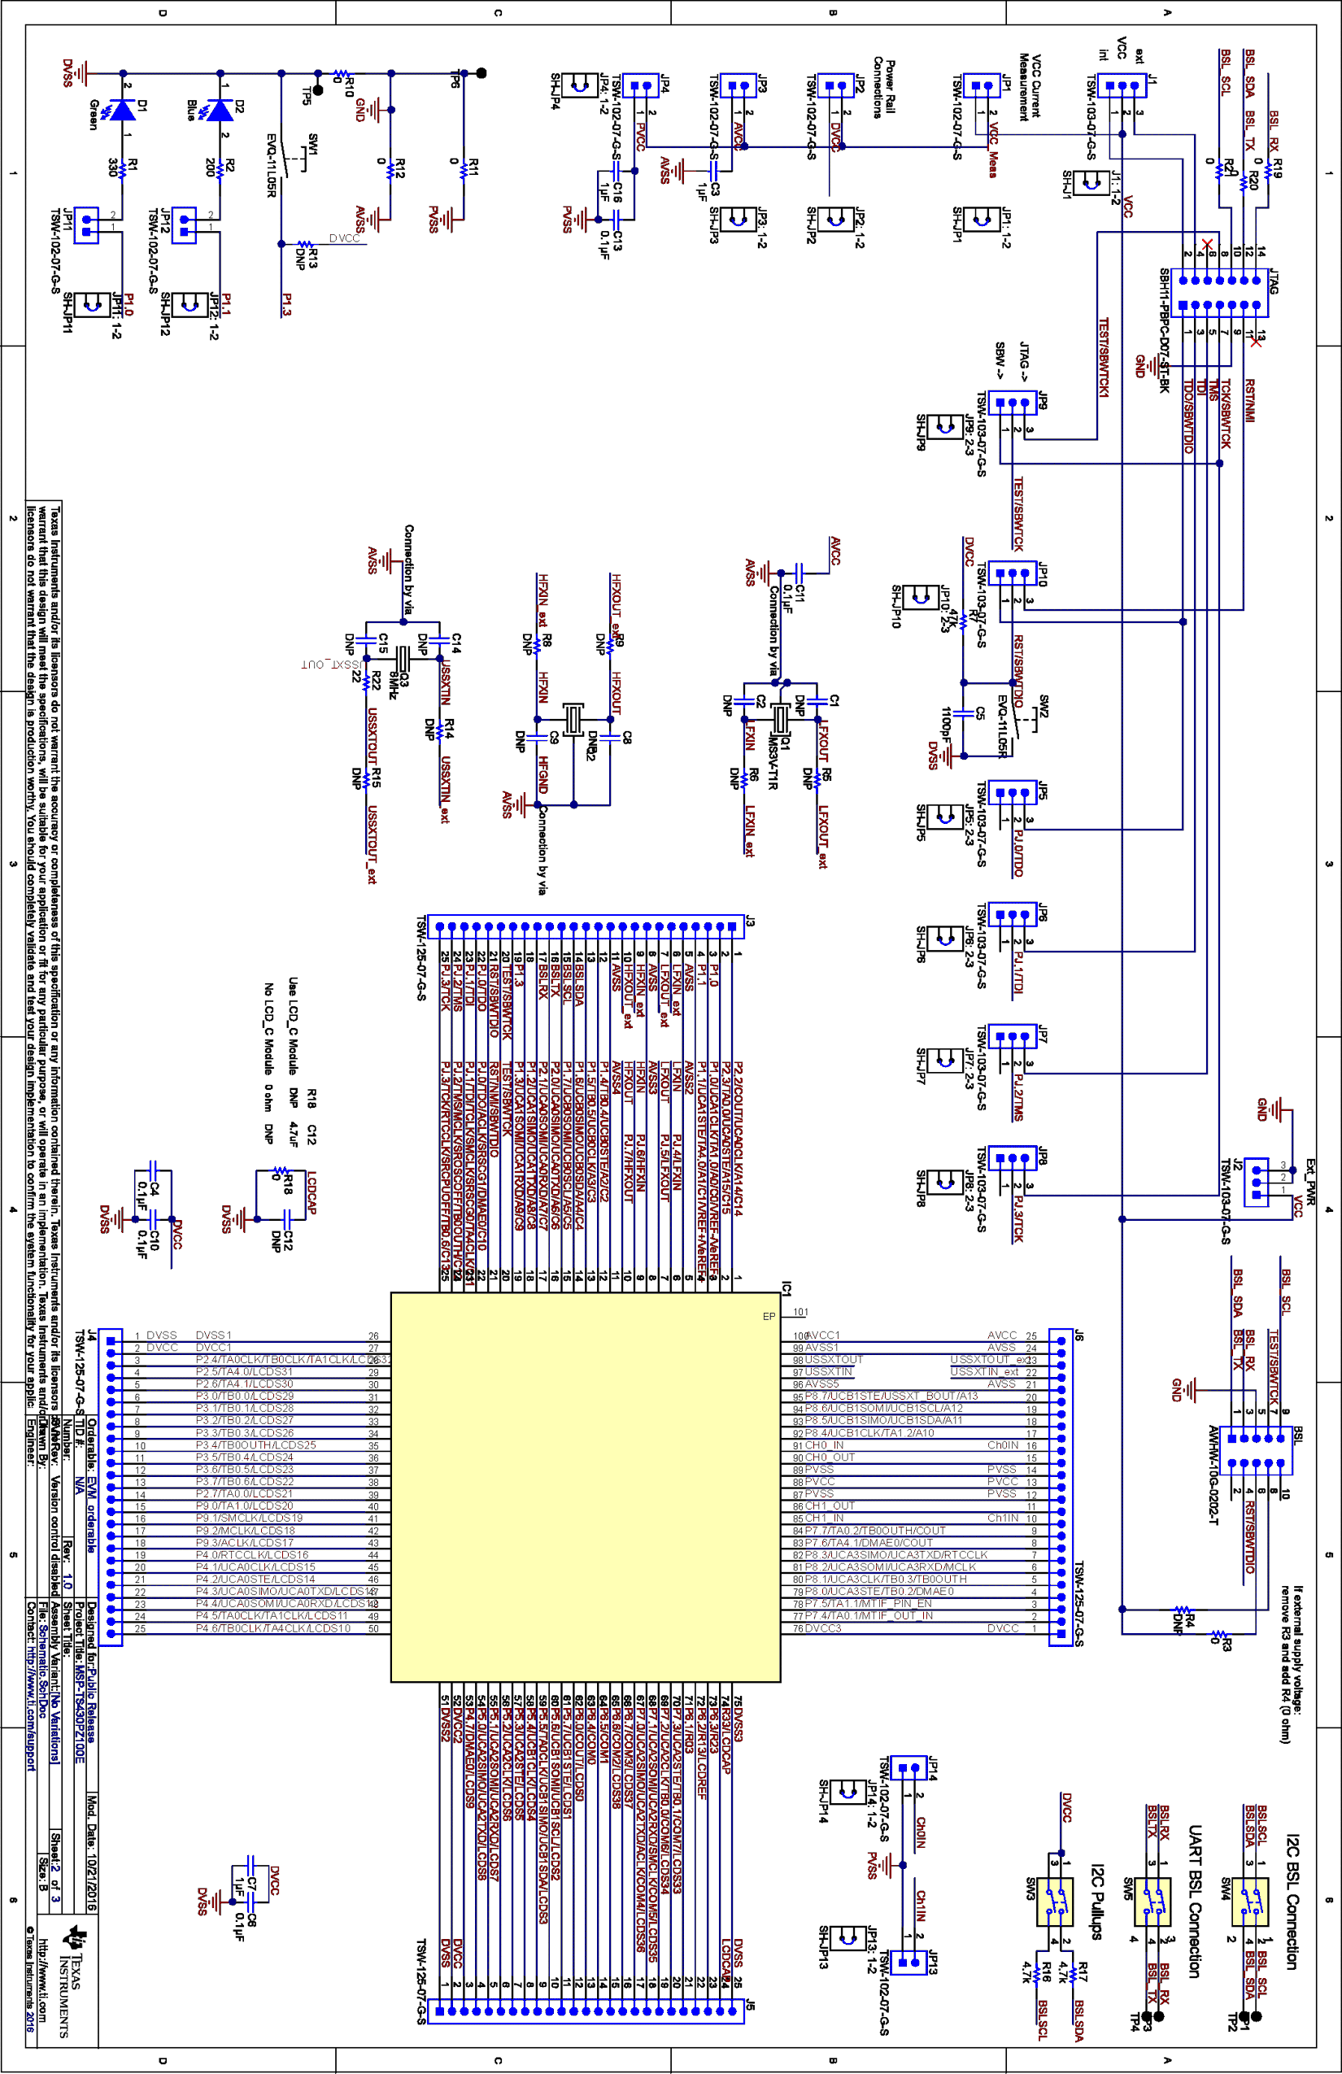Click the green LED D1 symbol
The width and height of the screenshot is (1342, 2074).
(122, 110)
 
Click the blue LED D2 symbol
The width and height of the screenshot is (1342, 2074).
(220, 110)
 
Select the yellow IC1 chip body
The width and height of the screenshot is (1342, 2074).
(586, 1487)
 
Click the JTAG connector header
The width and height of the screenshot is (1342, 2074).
(1220, 293)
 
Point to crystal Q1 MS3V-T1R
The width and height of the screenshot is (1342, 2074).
(781, 720)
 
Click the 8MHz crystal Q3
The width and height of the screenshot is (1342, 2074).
(402, 659)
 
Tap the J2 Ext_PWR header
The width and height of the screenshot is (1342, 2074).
(1257, 1182)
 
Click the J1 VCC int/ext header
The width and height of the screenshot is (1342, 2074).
(1122, 85)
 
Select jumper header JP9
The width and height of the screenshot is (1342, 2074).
(1013, 403)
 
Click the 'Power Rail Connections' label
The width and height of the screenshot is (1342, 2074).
(883, 87)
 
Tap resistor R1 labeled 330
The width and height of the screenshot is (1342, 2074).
(122, 171)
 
